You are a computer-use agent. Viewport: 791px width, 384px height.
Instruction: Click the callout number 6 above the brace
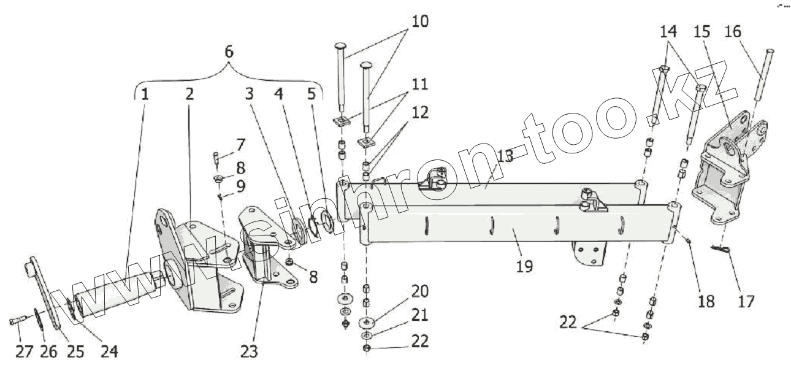click(x=229, y=52)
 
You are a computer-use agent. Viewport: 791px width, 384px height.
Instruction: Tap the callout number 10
click(x=420, y=21)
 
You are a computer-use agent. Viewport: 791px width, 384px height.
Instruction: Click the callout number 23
click(x=249, y=351)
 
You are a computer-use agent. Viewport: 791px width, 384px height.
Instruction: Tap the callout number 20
click(x=420, y=291)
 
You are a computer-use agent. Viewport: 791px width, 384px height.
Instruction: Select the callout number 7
click(x=240, y=145)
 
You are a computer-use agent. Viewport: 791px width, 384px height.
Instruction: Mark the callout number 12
click(x=420, y=113)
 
